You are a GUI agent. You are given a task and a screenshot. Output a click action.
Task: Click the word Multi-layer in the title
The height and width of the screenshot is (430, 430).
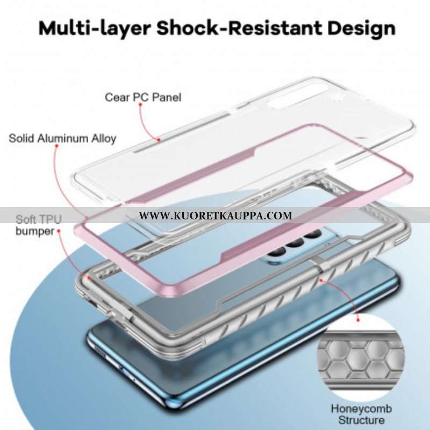coord(95,29)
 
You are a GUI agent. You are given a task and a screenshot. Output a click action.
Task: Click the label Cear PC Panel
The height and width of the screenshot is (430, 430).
coord(143,97)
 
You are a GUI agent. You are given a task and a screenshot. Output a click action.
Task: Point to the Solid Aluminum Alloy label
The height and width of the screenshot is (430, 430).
coord(62,138)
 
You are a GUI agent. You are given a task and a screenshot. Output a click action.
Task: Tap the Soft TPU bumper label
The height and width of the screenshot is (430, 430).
coord(38,225)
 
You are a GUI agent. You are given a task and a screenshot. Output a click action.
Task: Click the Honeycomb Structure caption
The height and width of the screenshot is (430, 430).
coord(361,414)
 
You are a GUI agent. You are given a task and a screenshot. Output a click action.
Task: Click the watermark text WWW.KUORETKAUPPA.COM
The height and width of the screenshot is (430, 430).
coord(216,216)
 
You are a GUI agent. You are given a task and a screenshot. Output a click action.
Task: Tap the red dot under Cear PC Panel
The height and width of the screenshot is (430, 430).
coord(140,105)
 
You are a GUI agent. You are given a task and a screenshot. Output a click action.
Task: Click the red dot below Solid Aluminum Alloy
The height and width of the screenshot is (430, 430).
coord(57,146)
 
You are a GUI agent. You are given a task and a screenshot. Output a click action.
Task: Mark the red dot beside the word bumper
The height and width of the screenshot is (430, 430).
coord(59,231)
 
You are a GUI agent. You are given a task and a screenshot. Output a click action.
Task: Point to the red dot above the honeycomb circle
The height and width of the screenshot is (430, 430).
coord(357,320)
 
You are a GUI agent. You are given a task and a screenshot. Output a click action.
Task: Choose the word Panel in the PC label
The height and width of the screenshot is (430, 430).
coord(167,97)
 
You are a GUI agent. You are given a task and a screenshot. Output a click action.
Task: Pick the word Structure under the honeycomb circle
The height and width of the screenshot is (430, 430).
coord(361,420)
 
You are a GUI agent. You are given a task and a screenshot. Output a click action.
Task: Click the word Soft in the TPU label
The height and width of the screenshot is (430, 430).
coord(26,219)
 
